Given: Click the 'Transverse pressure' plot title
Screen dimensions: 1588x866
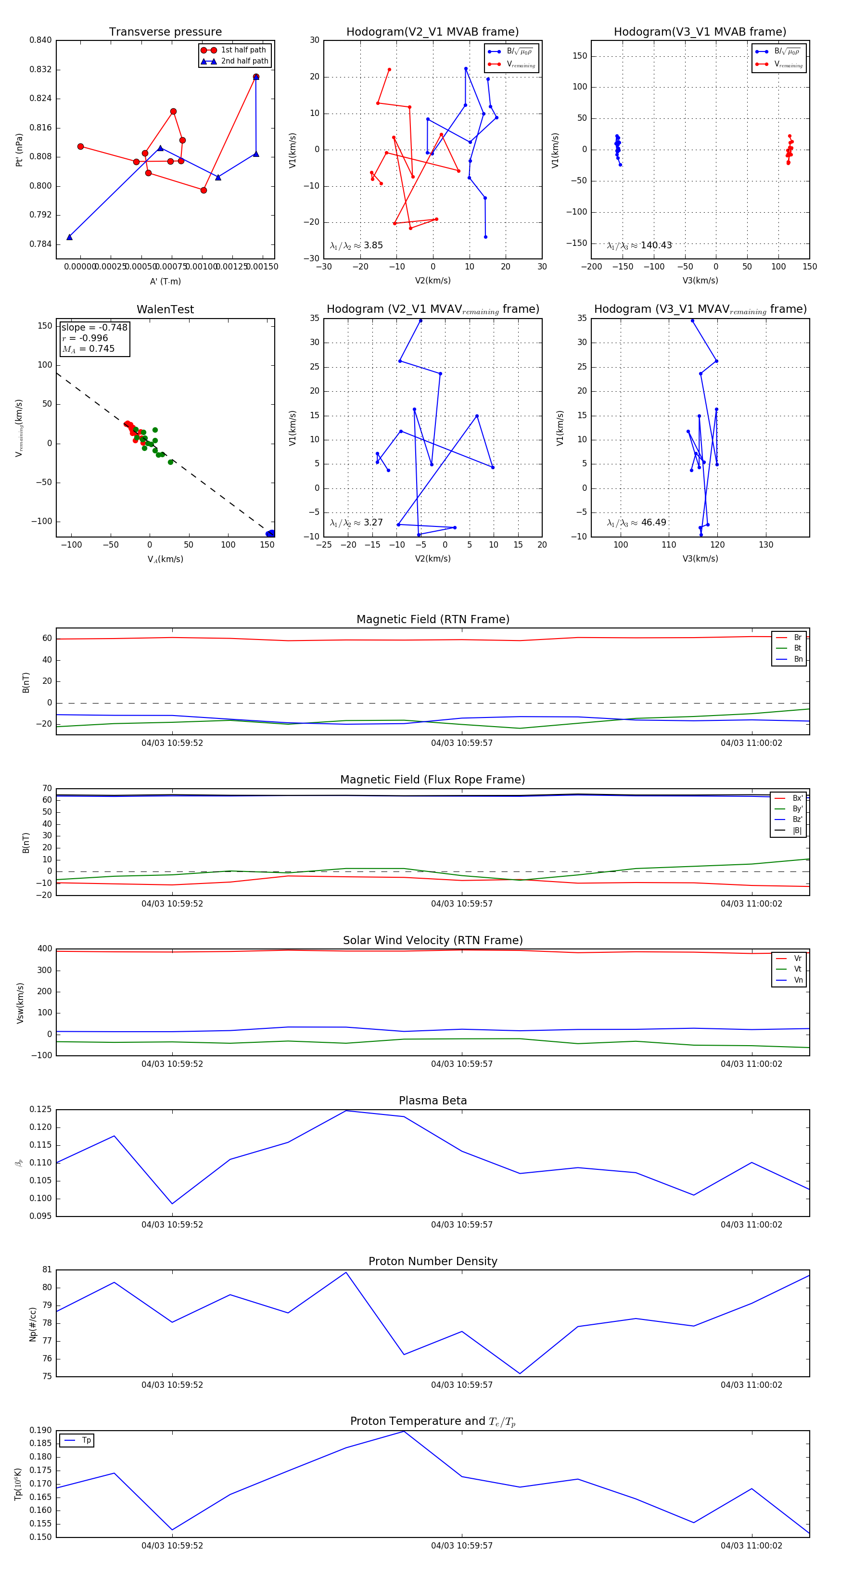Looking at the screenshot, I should [165, 32].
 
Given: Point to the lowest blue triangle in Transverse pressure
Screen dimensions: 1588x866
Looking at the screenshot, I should [70, 237].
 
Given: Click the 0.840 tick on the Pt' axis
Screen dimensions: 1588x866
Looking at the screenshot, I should [41, 41].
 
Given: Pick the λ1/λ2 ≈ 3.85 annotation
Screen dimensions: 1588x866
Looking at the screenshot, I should [356, 245].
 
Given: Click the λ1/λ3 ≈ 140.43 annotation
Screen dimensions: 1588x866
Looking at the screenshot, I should [639, 245].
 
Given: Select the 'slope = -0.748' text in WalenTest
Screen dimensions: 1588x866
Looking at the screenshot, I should [94, 327].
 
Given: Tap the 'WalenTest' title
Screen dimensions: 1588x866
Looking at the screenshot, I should [165, 309].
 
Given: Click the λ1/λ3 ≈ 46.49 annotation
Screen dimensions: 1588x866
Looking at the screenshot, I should [637, 523].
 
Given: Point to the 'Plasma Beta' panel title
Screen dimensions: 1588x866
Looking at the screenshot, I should [433, 1101].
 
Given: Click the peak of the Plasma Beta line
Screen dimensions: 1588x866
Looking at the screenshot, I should [346, 1111].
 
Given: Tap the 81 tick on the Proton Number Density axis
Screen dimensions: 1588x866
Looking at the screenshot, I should [47, 1270].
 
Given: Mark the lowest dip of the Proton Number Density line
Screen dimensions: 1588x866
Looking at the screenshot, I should [520, 1373].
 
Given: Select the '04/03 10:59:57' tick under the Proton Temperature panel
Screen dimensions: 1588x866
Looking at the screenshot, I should [462, 1546].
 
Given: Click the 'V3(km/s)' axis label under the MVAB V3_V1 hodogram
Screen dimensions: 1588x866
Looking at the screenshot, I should [700, 281].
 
